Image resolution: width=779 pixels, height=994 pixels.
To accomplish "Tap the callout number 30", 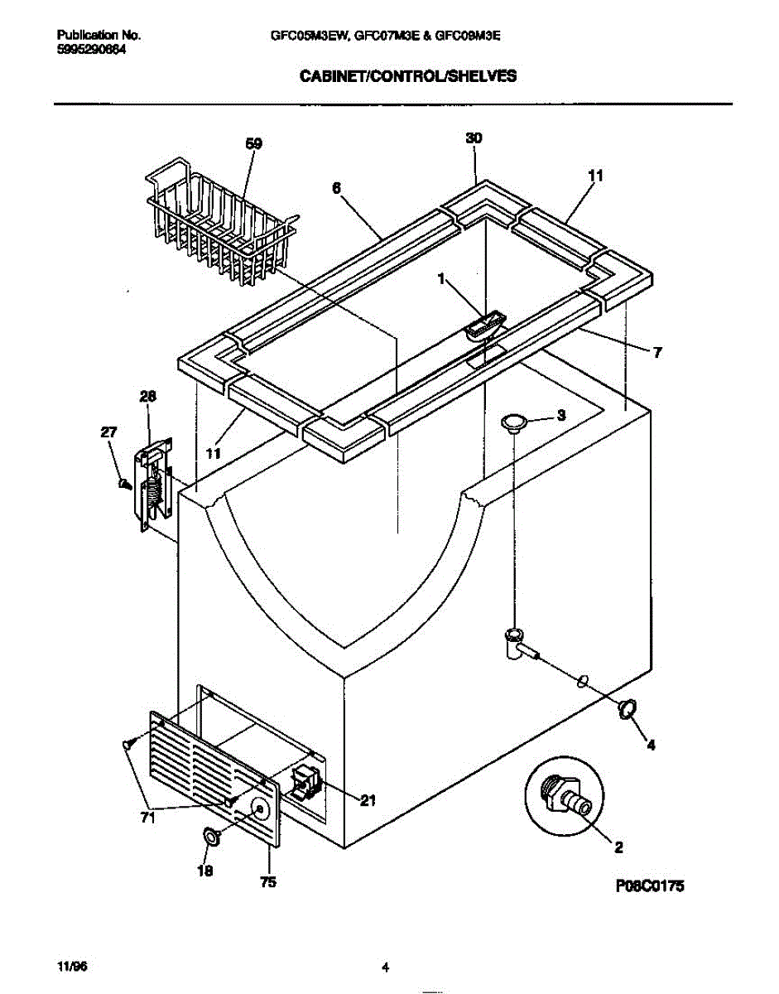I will [474, 139].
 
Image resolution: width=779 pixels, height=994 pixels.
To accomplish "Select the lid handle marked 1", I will [484, 325].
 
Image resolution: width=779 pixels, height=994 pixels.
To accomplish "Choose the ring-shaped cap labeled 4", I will [627, 708].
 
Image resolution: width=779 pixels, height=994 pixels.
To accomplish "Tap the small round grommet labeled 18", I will [211, 838].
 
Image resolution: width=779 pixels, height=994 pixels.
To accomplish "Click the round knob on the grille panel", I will [260, 809].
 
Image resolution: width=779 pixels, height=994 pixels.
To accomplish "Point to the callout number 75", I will [267, 883].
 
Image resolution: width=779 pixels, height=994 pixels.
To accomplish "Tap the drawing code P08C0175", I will [652, 885].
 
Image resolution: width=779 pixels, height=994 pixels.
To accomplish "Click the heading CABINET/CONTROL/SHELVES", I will [407, 75].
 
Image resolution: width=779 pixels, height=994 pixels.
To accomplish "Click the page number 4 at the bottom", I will [386, 967].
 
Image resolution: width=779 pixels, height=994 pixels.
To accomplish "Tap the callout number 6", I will [337, 188].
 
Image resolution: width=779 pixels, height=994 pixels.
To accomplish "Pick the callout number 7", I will [656, 353].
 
